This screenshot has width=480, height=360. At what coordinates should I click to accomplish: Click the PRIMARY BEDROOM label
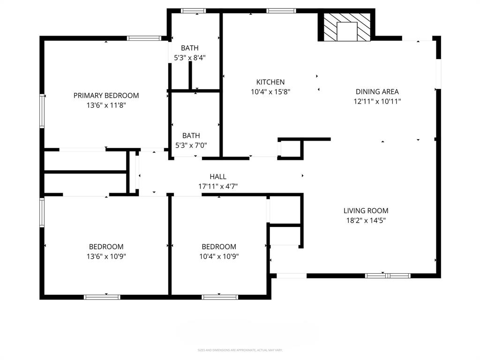[x=106, y=96]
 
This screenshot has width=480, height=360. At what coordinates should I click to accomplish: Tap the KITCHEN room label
[x=270, y=82]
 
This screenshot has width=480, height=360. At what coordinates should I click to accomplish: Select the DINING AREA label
[x=377, y=92]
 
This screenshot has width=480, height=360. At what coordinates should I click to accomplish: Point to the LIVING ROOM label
[x=366, y=211]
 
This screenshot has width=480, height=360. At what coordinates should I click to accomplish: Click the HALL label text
[x=218, y=177]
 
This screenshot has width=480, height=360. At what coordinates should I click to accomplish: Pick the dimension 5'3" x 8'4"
[x=190, y=58]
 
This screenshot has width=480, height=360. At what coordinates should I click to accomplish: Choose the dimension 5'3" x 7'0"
[x=191, y=145]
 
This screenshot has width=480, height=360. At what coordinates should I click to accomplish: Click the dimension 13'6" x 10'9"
[x=106, y=256]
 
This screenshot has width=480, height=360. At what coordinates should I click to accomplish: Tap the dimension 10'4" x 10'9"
[x=219, y=256]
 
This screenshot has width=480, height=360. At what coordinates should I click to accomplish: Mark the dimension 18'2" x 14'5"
[x=366, y=220]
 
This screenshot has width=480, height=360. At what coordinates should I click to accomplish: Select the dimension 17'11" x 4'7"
[x=218, y=186]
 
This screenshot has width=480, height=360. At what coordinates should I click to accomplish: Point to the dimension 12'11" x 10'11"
[x=377, y=101]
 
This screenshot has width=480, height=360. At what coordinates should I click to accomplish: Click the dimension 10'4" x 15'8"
[x=270, y=92]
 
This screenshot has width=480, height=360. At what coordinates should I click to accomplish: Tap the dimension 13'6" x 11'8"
[x=106, y=105]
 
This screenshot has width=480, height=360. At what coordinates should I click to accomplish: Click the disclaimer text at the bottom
[x=240, y=350]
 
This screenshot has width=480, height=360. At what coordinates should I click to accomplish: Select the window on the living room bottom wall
[x=388, y=276]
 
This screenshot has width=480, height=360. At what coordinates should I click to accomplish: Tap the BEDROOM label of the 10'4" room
[x=219, y=247]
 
